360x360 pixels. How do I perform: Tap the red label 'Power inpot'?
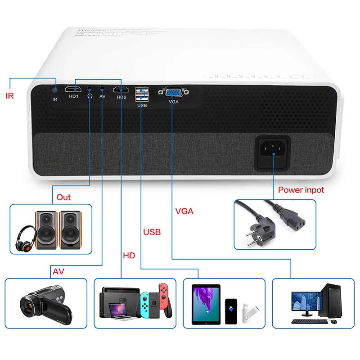pyautogui.click(x=301, y=190)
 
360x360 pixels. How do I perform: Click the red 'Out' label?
pyautogui.click(x=63, y=198)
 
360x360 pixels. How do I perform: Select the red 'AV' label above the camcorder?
pyautogui.click(x=58, y=272)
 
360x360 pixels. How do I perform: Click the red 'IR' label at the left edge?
pyautogui.click(x=10, y=95)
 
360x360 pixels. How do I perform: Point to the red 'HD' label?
pyautogui.click(x=129, y=256)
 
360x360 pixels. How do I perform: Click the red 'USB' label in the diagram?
pyautogui.click(x=152, y=233)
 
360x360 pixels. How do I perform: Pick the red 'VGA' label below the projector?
pyautogui.click(x=184, y=211)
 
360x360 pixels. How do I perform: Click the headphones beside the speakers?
pyautogui.click(x=26, y=238)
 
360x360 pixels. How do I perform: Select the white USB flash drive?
pyautogui.click(x=250, y=312)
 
